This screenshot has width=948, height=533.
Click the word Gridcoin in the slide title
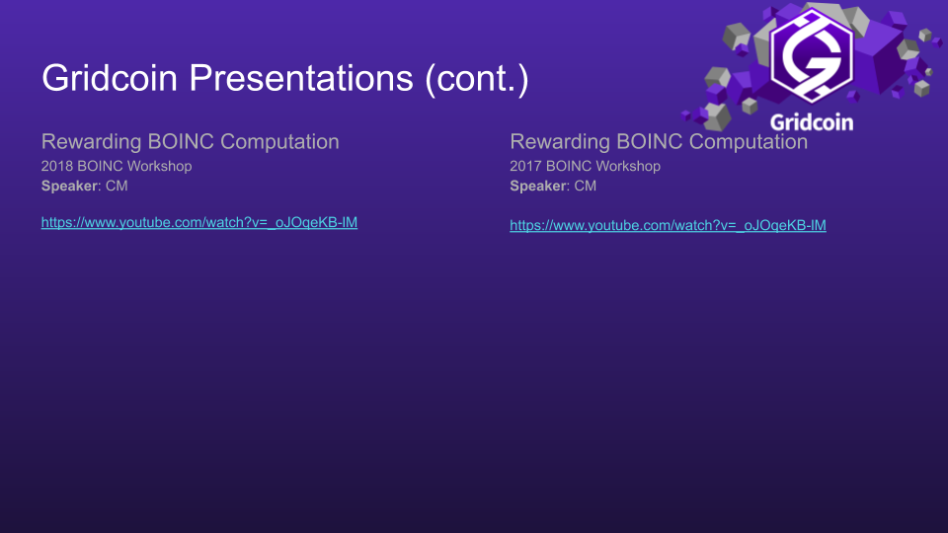pos(110,79)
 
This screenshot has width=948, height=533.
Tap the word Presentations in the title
pos(302,79)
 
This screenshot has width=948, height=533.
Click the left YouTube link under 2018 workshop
pos(198,222)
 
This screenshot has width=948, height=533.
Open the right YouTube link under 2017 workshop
pos(668,226)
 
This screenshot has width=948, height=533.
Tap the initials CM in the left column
pos(117,186)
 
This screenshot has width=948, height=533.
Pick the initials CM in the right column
pos(586,186)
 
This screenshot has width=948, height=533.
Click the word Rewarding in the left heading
pos(91,141)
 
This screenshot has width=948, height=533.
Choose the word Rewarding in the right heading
pos(560,141)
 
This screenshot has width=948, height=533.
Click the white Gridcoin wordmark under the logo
pos(811,121)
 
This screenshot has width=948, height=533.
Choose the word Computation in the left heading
pos(279,141)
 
